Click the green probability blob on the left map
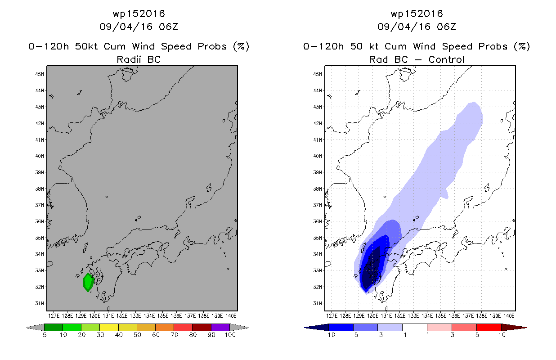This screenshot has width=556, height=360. pos(88,282)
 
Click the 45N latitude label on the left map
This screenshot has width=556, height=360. pos(40,74)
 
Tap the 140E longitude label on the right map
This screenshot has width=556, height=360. pos(509,316)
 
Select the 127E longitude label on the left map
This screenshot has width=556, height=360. pos(54,316)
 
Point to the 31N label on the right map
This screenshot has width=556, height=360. pos(318,303)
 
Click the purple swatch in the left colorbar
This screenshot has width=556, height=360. pos(220,327)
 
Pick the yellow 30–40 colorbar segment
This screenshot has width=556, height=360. pos(109,327)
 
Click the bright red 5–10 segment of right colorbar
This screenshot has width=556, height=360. pos(489,327)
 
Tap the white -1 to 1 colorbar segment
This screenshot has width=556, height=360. pos(415,327)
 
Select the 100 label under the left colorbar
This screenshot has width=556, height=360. pos(230,335)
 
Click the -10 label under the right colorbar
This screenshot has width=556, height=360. pos(329,335)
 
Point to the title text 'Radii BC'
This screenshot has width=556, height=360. pos(139,59)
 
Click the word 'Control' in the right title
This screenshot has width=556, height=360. pos(446,59)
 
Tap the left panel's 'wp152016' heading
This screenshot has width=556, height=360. pos(139,13)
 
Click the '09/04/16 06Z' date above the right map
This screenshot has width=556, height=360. pos(417,27)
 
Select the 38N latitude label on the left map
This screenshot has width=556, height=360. pos(40,189)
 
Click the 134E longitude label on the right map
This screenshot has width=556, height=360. pos(427,316)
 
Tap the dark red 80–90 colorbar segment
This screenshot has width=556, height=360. pos(202,327)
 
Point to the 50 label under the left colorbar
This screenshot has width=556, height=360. pos(137,335)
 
